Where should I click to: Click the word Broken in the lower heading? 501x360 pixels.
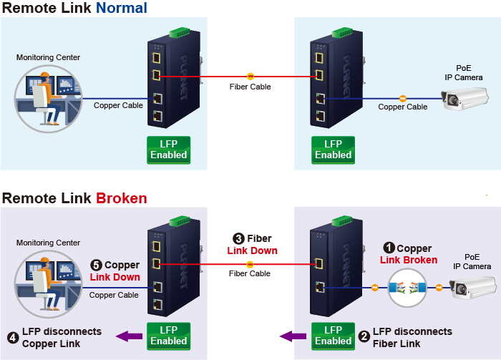(122, 198)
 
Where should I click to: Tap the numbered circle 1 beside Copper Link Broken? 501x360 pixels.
(389, 249)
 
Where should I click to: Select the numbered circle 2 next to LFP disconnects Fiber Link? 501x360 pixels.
(364, 335)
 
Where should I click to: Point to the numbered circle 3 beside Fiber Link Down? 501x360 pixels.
(239, 239)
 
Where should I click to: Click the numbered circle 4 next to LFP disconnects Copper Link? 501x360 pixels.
(13, 337)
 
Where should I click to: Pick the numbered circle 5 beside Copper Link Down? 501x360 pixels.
(97, 266)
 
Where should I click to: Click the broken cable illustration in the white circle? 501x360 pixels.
(407, 288)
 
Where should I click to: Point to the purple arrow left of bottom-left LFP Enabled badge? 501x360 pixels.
(130, 336)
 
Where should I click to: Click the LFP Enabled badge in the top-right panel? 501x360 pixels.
(334, 150)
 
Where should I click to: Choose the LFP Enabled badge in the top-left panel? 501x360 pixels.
(169, 150)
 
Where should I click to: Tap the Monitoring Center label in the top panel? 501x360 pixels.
(49, 57)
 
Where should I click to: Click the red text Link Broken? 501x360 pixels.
(409, 260)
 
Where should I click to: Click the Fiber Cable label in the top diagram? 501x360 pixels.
(250, 87)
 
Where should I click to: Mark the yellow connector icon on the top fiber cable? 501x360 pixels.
(250, 75)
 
